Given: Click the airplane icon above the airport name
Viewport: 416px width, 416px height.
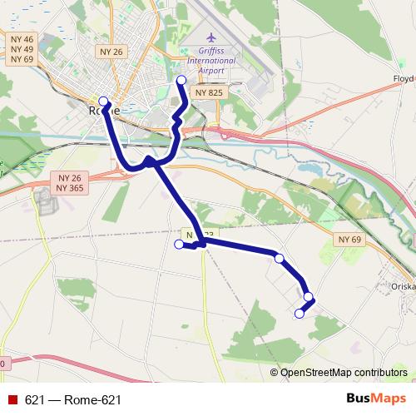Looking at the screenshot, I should (210, 37).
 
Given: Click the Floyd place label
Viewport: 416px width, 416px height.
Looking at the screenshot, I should (403, 79).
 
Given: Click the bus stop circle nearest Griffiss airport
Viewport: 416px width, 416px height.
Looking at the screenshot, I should (182, 80).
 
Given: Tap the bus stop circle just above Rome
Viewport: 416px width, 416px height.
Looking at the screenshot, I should (103, 101).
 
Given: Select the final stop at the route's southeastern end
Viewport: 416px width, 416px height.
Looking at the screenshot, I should (300, 314).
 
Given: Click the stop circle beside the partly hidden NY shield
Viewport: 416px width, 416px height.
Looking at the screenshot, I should (178, 244).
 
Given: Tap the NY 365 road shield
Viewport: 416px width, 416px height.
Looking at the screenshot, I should (71, 189).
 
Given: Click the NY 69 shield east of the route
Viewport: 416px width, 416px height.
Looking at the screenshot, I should (351, 240).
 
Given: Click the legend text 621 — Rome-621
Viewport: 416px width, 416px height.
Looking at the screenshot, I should (73, 400).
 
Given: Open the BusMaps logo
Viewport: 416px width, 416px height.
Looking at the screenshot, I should (375, 399).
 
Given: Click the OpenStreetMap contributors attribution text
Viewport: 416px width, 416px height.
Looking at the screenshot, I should (344, 373).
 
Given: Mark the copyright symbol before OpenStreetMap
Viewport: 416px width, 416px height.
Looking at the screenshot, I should (275, 373).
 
